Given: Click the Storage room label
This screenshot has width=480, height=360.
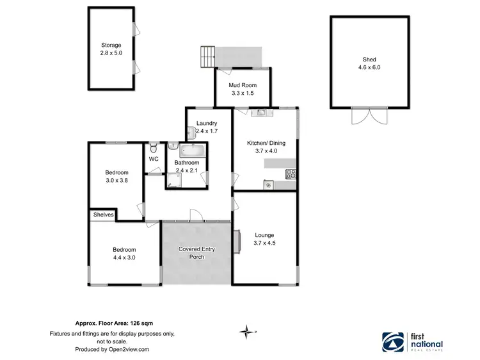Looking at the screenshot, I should coord(111,50).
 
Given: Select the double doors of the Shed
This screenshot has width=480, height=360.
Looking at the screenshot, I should coord(361,116).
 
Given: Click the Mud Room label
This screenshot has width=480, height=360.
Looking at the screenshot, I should coord(243,89).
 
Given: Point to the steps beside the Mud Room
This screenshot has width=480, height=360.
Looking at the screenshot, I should coord(207,56).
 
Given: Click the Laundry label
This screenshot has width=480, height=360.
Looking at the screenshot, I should coord(207,127).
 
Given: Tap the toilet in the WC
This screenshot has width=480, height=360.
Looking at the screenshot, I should coord(153,147).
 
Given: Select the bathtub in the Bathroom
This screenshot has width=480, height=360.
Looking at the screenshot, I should coord(192,151).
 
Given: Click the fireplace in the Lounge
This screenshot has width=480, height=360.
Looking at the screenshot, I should coord(237,241).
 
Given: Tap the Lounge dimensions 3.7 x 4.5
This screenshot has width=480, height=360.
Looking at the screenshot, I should coord(265,243).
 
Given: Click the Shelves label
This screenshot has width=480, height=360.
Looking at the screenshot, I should coord(103,215).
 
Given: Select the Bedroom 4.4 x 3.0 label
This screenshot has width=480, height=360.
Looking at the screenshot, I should coord(124,254).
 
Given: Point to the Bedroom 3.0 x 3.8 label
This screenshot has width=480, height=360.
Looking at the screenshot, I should coord(116,176).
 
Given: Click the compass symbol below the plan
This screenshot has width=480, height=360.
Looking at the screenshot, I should coord(246,331).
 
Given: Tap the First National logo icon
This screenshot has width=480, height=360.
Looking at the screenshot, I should coord(392,341).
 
